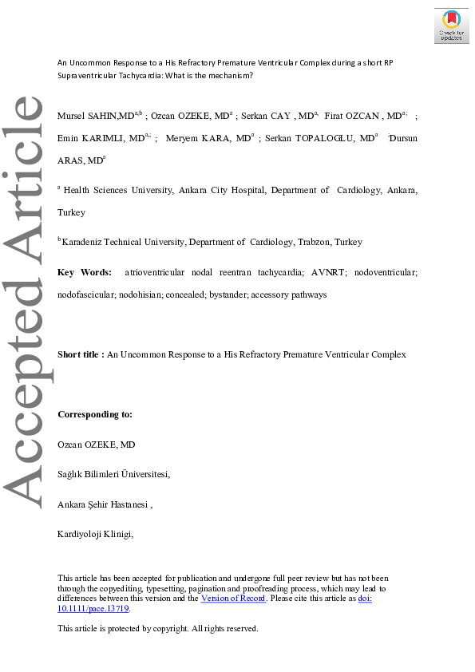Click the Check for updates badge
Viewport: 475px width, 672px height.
[x=451, y=26]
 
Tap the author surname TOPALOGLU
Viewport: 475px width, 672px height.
[x=324, y=138]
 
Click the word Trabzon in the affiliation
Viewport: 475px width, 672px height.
[x=314, y=242]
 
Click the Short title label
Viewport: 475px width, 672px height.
[x=81, y=354]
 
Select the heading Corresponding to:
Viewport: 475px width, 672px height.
[x=95, y=415]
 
